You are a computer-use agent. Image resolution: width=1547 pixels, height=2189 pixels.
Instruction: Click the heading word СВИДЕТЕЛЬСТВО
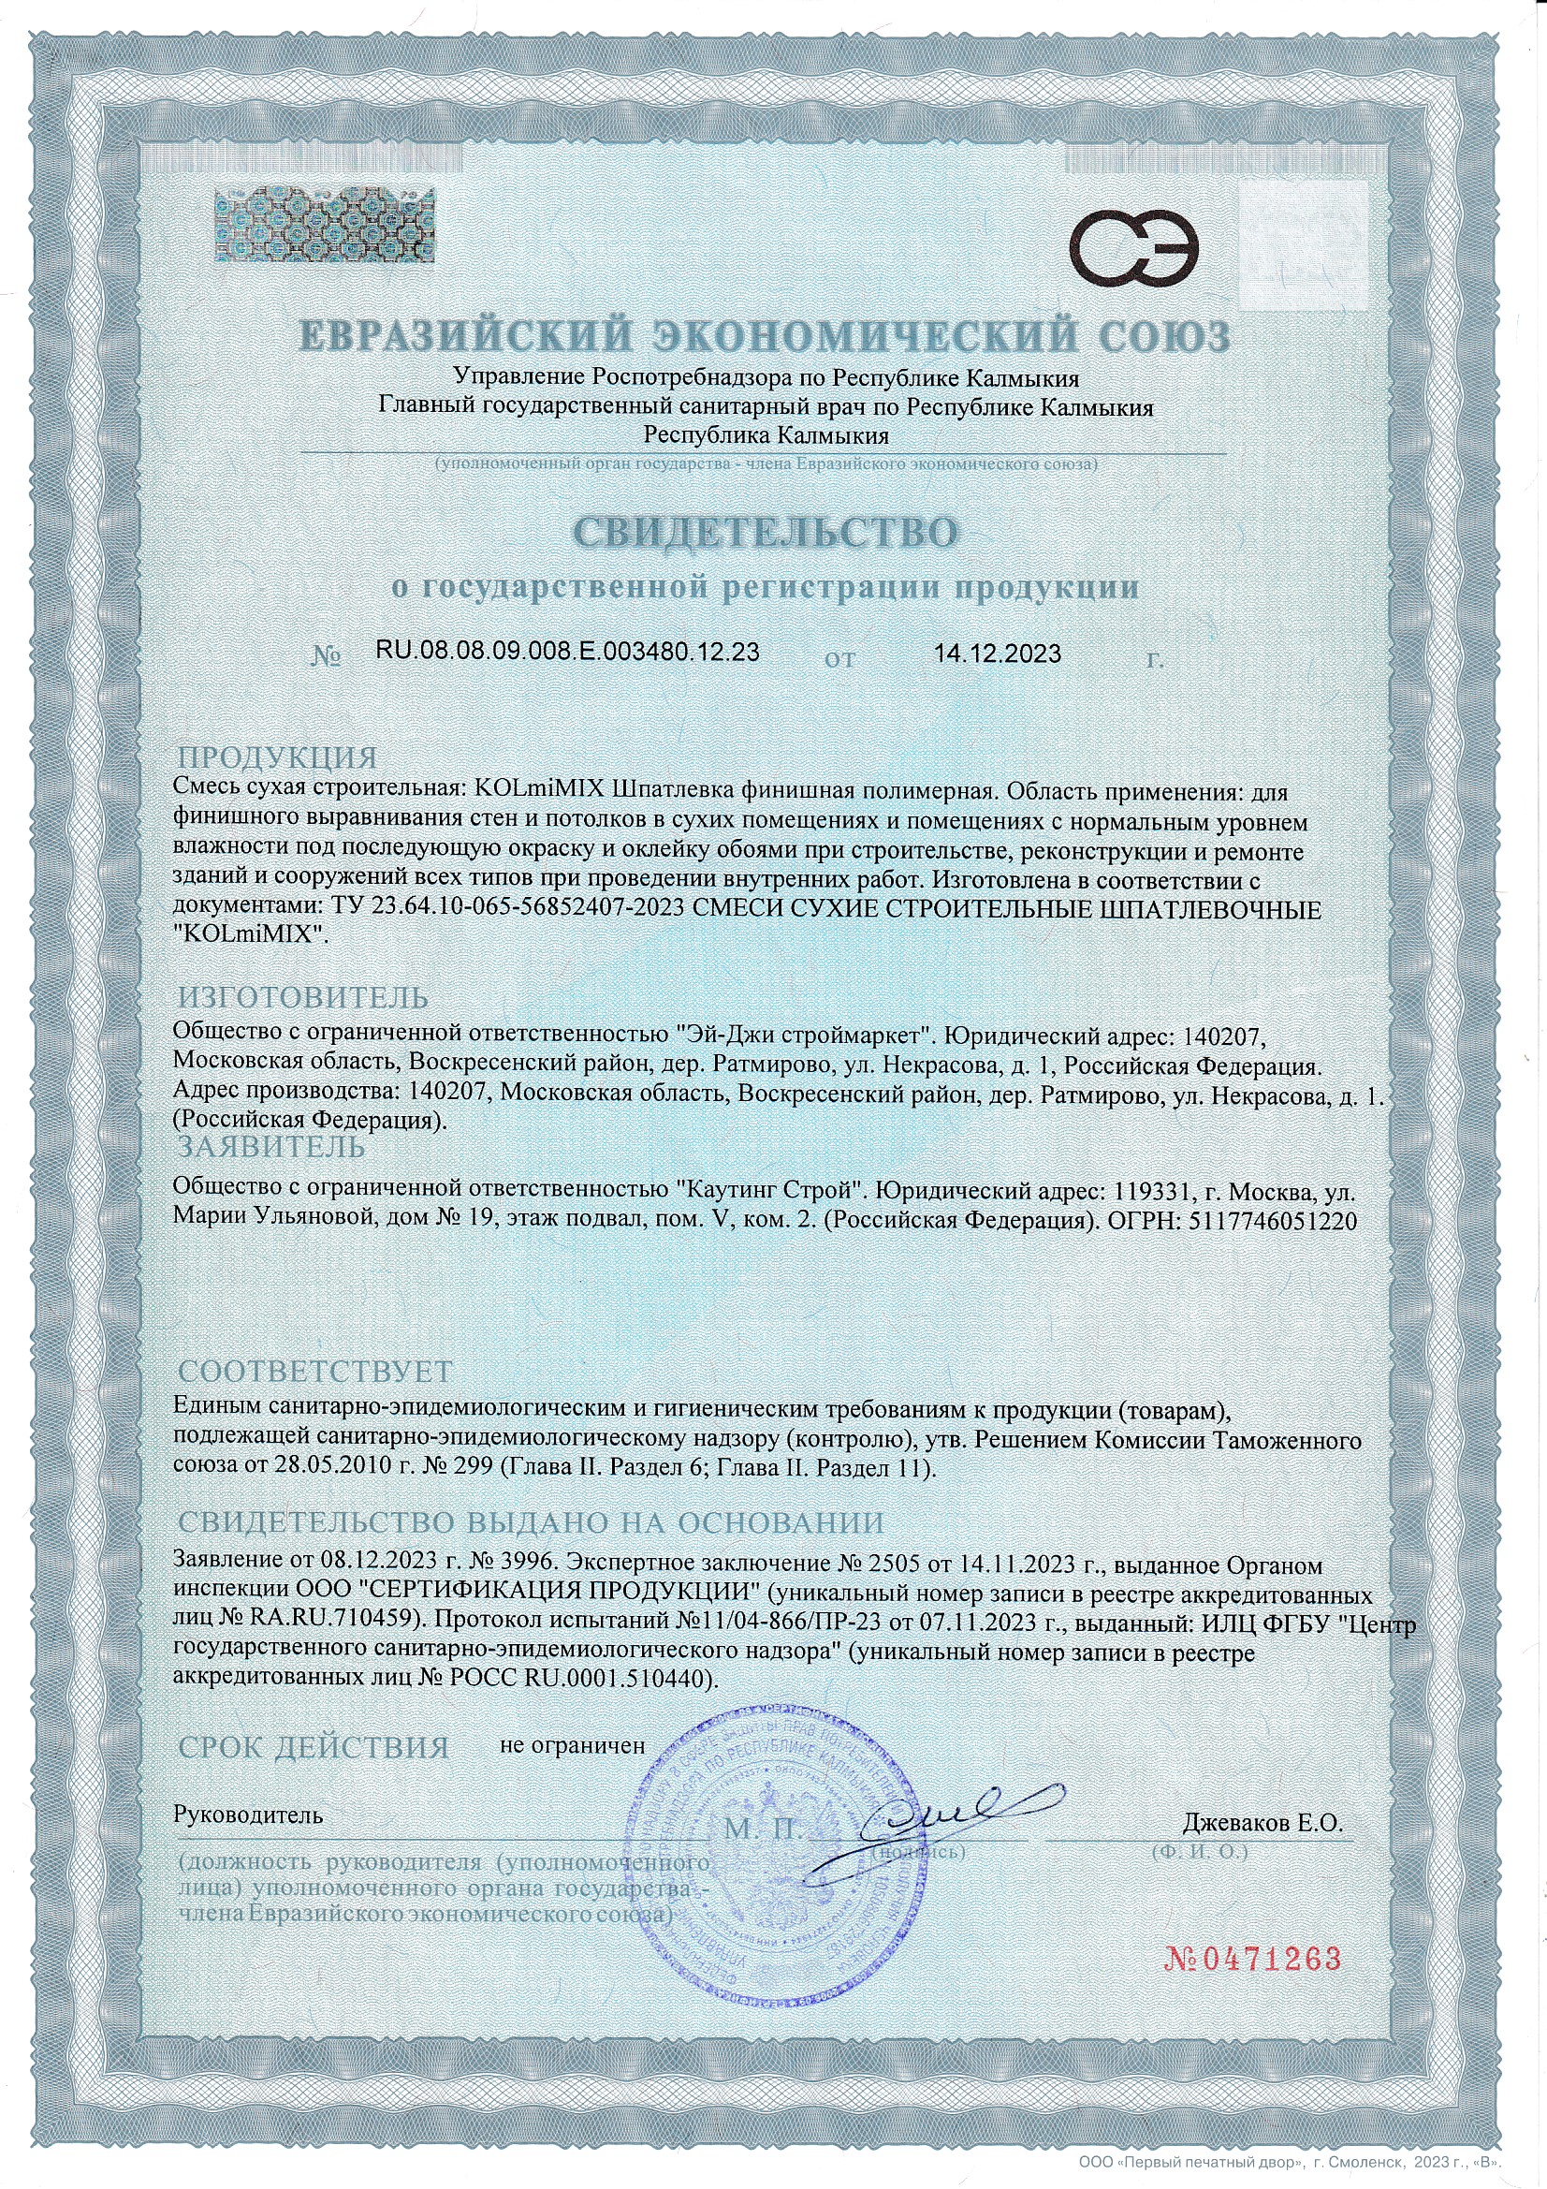pos(766,533)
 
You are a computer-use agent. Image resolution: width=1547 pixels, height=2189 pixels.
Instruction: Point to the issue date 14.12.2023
pos(997,654)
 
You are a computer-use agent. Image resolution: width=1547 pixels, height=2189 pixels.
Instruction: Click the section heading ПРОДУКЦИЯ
pos(277,758)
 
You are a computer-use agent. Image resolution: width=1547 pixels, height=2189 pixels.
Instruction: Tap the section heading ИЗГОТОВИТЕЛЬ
pos(303,997)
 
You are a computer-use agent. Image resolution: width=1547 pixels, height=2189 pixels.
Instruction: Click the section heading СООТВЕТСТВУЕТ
pos(314,1371)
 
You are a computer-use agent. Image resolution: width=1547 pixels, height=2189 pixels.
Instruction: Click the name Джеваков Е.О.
pos(1262,1825)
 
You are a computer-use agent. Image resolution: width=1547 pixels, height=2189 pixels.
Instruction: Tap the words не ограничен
pos(572,1745)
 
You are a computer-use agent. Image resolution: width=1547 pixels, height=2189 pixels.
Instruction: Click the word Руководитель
pos(248,1814)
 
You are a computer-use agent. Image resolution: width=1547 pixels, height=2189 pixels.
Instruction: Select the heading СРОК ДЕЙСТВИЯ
pos(314,1748)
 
